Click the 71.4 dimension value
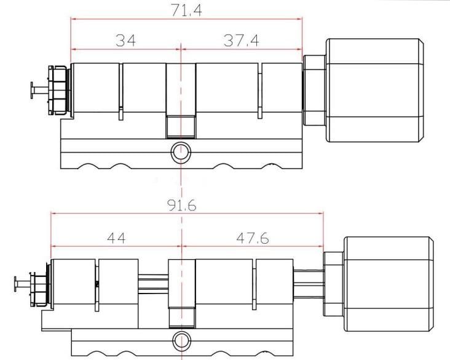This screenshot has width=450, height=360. pyautogui.click(x=187, y=10)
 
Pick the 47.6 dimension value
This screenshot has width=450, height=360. pyautogui.click(x=253, y=238)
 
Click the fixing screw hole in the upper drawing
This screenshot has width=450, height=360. pyautogui.click(x=181, y=151)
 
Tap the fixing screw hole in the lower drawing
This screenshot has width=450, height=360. pyautogui.click(x=181, y=339)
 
